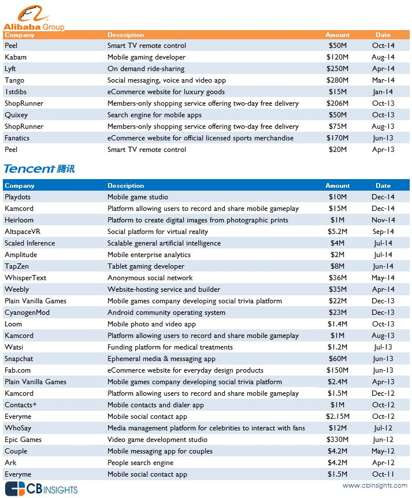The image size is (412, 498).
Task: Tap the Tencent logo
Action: coord(39,169)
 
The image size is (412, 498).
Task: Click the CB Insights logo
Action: coord(40,488)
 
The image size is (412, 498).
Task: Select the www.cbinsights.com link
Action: coord(374,486)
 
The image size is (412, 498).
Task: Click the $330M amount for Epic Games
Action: coord(337,440)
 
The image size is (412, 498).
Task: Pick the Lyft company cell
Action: coord(12,69)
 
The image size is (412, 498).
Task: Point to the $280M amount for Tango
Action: coord(337,80)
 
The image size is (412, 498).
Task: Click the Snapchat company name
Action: coord(19,359)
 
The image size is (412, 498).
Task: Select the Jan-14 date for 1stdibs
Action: coord(383,92)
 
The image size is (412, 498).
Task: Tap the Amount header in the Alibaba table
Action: coord(337,35)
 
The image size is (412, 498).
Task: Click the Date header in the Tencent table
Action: coord(383,186)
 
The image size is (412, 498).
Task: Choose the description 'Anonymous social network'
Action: coord(150,278)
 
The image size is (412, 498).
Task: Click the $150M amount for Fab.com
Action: coord(337,370)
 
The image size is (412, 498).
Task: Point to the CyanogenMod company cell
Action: coord(27,313)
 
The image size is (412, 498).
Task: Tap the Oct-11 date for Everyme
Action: coord(383,474)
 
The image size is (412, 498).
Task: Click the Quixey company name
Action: coord(16,115)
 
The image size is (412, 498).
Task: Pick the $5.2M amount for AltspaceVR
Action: coord(337,232)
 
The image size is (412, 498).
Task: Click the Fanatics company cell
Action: coord(17,138)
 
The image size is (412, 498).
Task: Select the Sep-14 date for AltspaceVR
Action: coord(383,232)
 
